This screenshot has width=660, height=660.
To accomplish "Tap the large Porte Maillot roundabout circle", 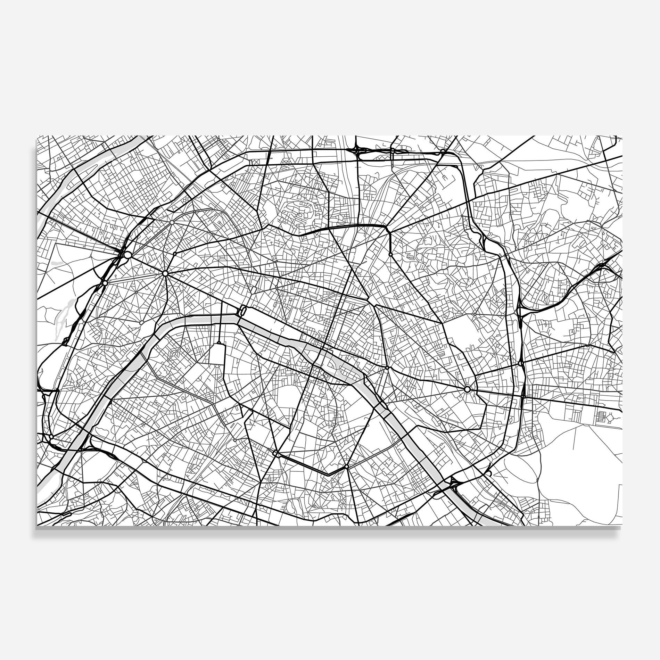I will pos(127,255).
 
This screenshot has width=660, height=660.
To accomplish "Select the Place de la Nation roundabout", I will pos(467,389).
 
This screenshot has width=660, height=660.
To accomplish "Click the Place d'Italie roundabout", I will pos(346,467).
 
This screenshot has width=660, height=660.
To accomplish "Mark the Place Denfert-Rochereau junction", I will pos(276,453).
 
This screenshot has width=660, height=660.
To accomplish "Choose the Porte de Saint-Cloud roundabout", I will pos(51,436).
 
